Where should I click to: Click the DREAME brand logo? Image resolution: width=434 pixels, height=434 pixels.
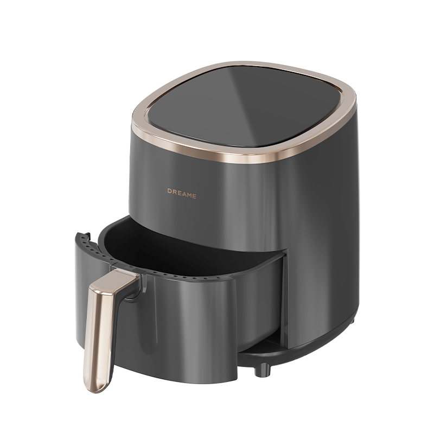click(x=182, y=194)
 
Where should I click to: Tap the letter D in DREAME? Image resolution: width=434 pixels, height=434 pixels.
click(x=169, y=191)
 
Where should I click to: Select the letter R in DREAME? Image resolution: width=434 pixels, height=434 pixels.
click(x=174, y=192)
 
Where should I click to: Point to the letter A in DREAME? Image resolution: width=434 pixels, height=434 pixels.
click(x=184, y=194)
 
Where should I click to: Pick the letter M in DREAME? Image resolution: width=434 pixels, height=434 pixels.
click(x=189, y=195)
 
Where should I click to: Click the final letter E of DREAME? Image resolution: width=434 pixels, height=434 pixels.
click(x=194, y=196)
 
